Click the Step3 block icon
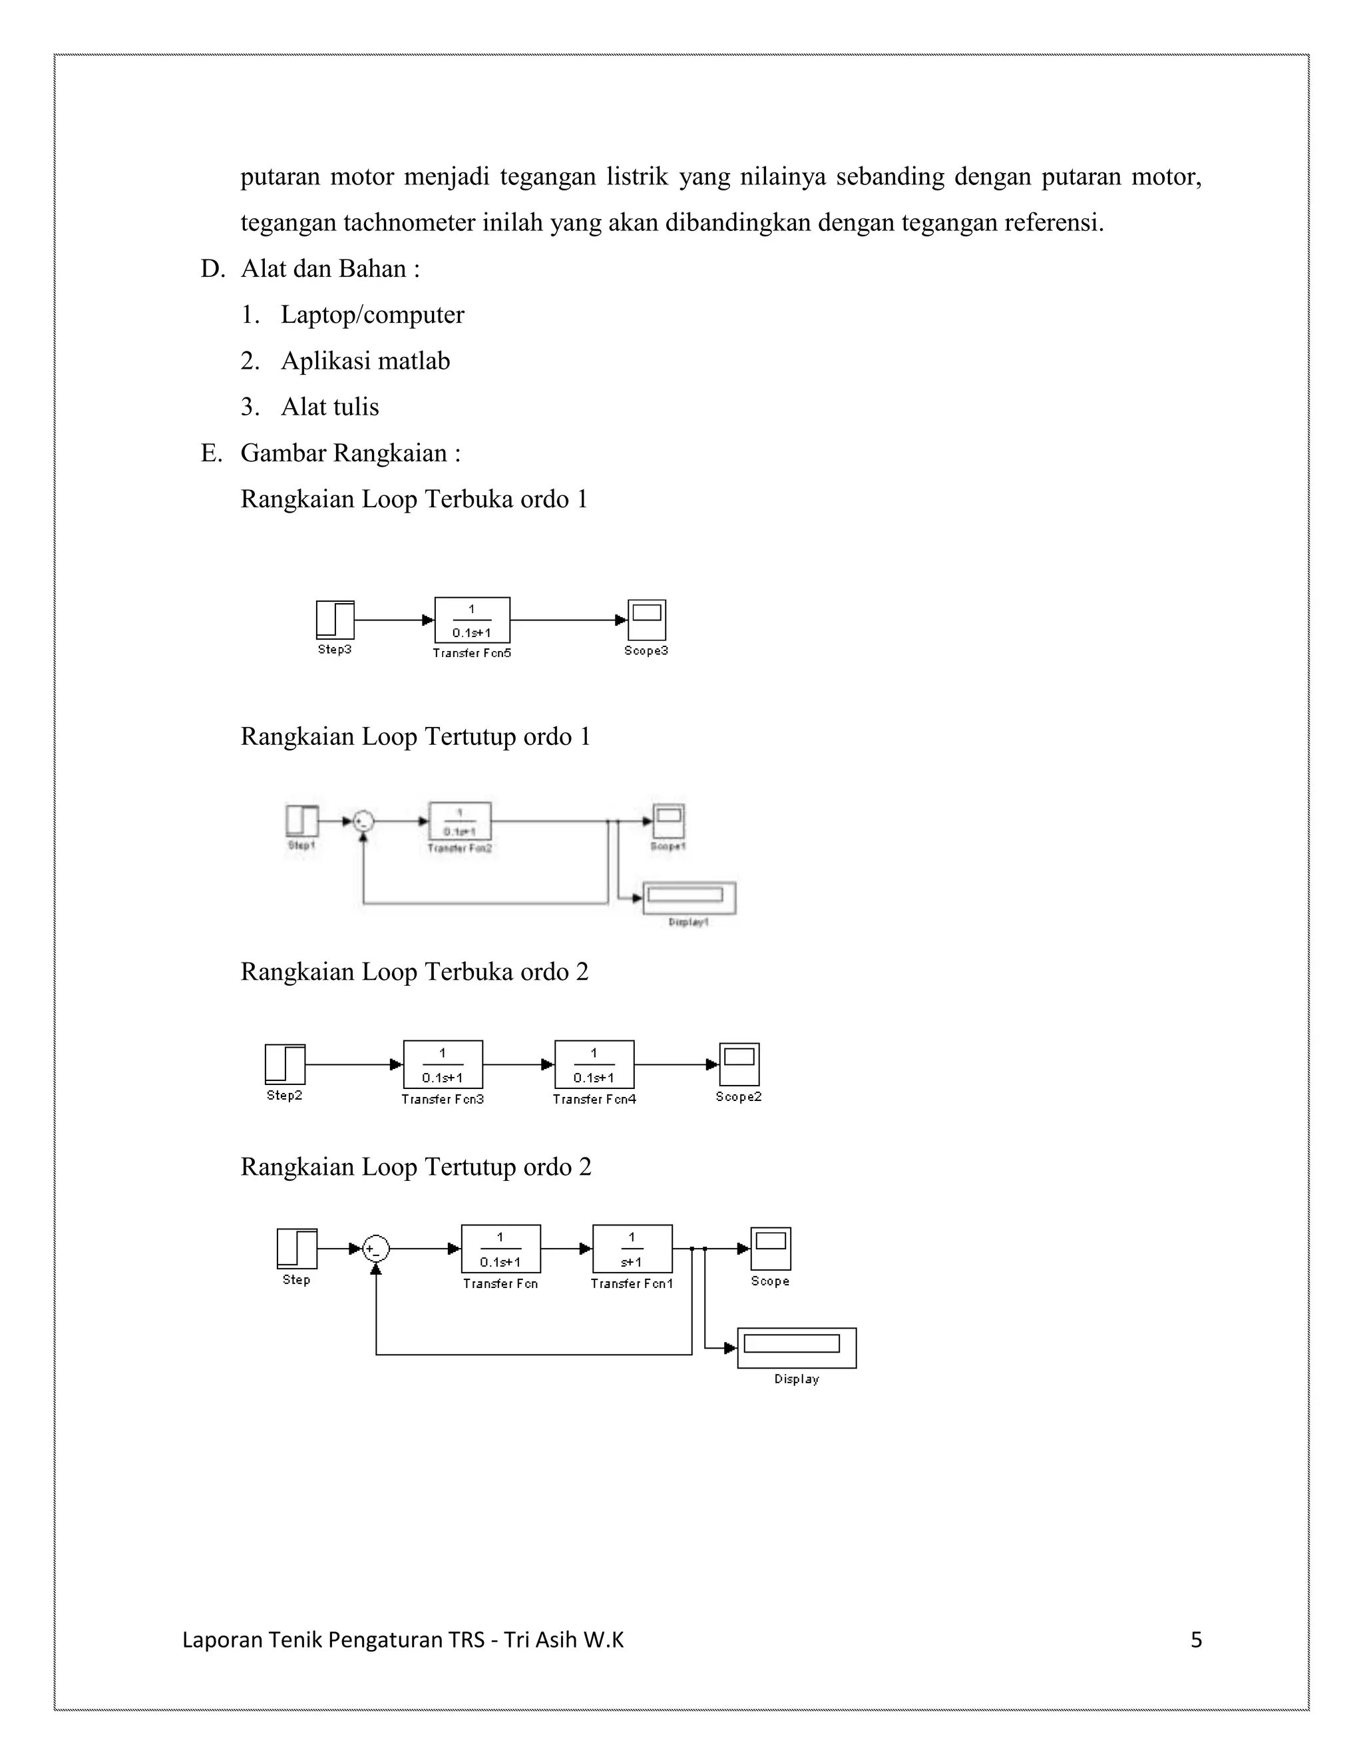pyautogui.click(x=335, y=620)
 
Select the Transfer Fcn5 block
pyautogui.click(x=473, y=620)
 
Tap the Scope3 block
pyautogui.click(x=647, y=620)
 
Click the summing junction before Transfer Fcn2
pyautogui.click(x=363, y=821)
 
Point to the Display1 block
pyautogui.click(x=689, y=897)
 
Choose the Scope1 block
pyautogui.click(x=669, y=821)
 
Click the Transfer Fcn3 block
pyautogui.click(x=443, y=1064)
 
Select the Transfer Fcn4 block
pyautogui.click(x=594, y=1064)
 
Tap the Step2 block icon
pyautogui.click(x=285, y=1064)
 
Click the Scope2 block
pyautogui.click(x=739, y=1064)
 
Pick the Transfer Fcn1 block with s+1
pyautogui.click(x=632, y=1249)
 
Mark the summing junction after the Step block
pyautogui.click(x=375, y=1249)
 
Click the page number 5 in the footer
pyautogui.click(x=1196, y=1640)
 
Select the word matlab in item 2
pyautogui.click(x=413, y=361)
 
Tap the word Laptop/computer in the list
pyautogui.click(x=372, y=315)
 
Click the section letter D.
pyautogui.click(x=211, y=269)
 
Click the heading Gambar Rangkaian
pyautogui.click(x=344, y=453)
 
